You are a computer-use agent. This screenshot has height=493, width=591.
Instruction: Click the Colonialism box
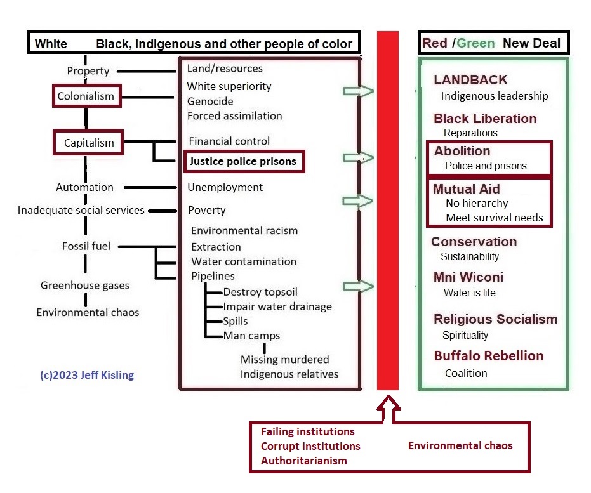click(85, 97)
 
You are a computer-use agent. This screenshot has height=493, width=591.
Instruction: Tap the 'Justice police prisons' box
click(243, 161)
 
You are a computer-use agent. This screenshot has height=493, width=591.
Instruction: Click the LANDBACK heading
click(470, 80)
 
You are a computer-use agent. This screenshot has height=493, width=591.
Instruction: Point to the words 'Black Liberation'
click(485, 119)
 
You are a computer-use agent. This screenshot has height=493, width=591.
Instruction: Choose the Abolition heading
click(462, 151)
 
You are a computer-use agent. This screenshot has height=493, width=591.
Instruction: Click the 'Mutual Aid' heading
click(467, 189)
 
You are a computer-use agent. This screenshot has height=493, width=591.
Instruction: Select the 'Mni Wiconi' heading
click(468, 277)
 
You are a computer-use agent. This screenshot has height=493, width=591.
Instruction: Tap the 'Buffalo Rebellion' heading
click(489, 356)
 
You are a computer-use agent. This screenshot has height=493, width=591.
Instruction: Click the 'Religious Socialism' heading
click(495, 319)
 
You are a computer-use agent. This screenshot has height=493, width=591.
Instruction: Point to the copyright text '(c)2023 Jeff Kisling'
click(87, 375)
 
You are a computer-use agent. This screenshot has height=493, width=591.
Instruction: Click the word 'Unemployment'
click(225, 187)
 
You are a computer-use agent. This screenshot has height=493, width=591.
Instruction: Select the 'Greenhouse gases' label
click(80, 286)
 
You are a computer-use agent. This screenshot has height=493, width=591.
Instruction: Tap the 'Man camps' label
click(251, 336)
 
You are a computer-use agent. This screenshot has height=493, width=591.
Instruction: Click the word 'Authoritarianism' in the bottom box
click(304, 461)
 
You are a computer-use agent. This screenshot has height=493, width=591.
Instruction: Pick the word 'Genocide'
click(210, 101)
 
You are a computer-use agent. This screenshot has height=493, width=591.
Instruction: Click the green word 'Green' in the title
click(475, 44)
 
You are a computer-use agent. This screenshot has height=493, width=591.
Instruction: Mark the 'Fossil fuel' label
click(86, 246)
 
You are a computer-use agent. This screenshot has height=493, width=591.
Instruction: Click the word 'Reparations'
click(470, 133)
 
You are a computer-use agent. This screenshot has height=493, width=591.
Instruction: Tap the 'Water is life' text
click(469, 293)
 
